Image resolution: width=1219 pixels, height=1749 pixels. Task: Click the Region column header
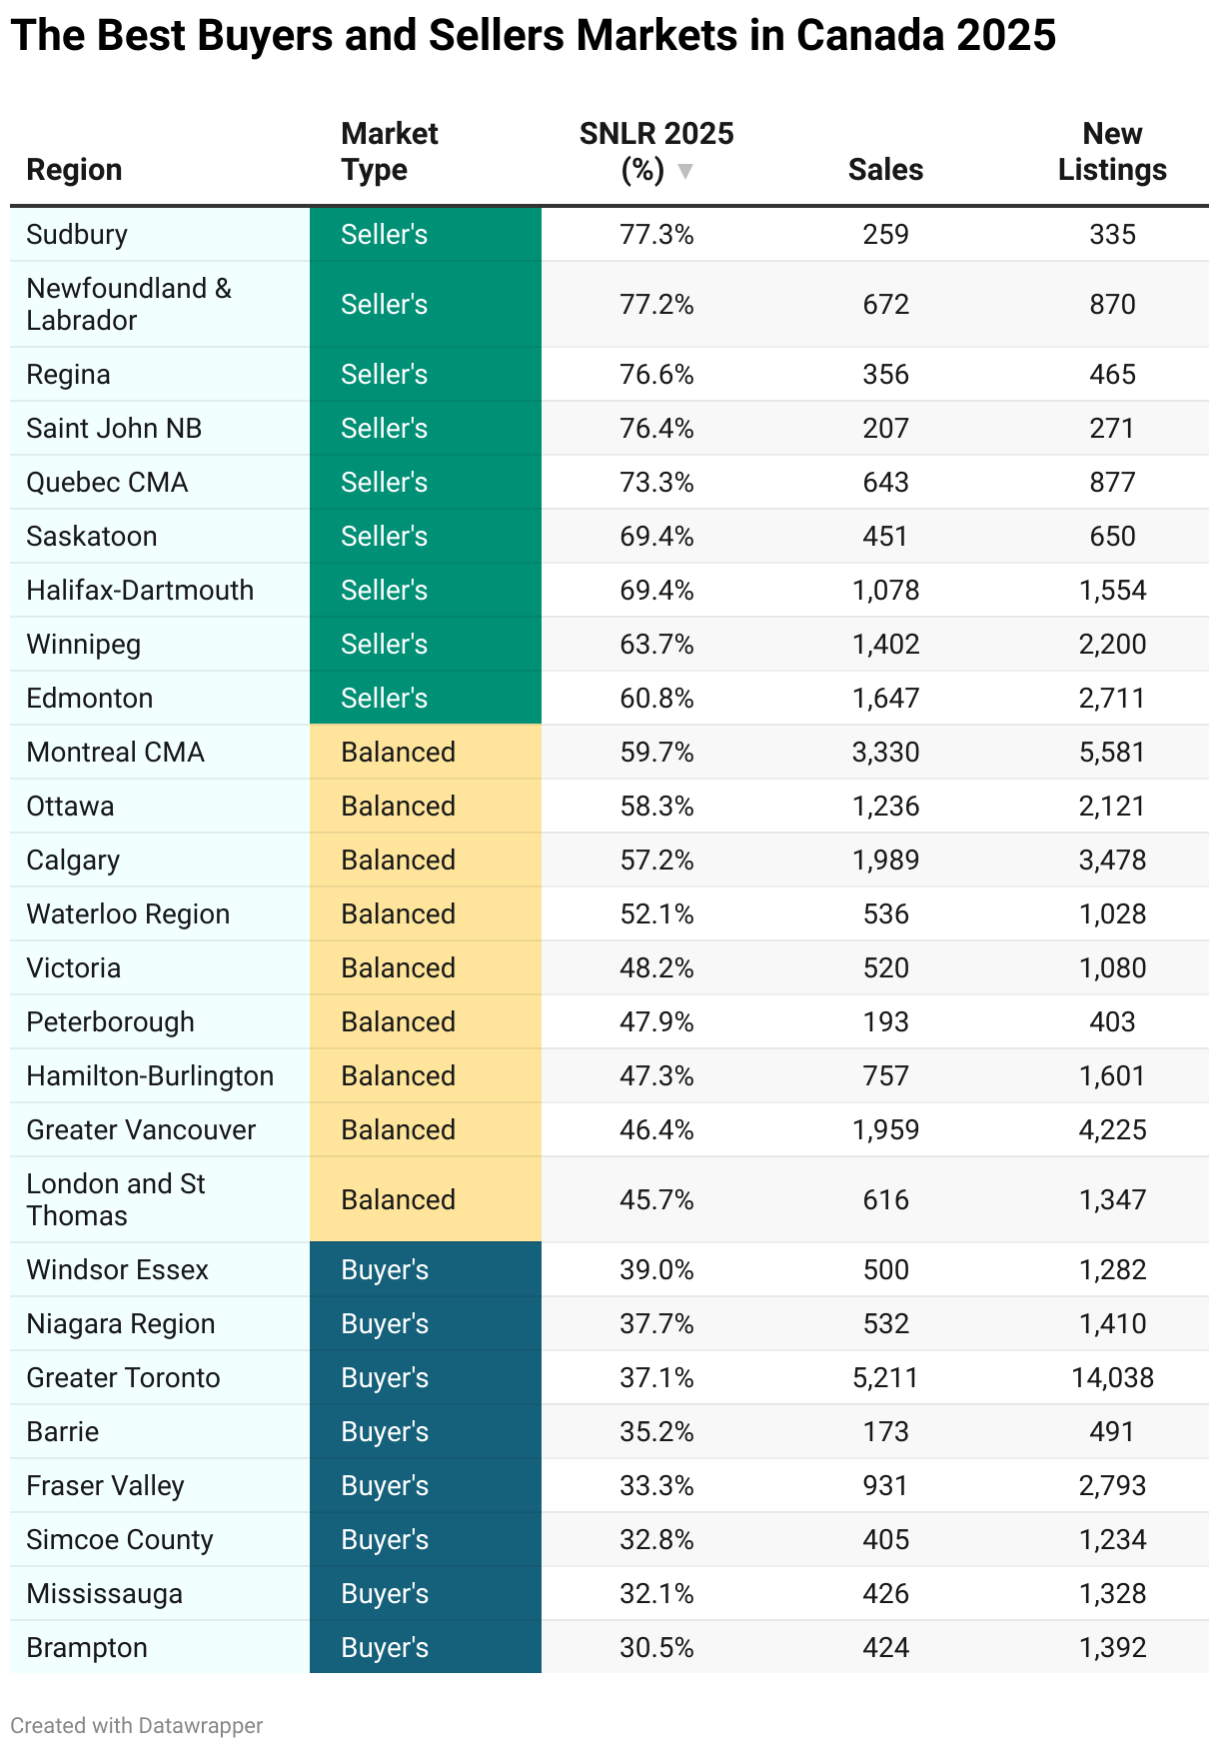pos(74,170)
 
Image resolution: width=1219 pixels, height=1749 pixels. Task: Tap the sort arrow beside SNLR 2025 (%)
pos(685,171)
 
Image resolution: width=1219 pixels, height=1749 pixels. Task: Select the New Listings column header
pos(1112,152)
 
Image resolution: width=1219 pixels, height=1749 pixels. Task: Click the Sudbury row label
pos(77,235)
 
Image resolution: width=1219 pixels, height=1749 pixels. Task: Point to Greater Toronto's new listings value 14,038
pos(1112,1378)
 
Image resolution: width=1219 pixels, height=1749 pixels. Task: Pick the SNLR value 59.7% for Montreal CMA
pos(656,753)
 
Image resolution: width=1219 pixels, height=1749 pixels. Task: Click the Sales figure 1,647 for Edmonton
pos(885,699)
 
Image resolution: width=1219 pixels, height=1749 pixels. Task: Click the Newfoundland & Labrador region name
pos(129,305)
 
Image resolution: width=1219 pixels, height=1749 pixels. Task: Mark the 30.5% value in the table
pos(656,1648)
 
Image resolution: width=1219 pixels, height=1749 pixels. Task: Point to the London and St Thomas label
pos(116,1200)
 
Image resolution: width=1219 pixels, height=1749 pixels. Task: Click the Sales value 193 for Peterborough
pos(885,1022)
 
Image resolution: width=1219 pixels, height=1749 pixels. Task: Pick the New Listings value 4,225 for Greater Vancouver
pos(1112,1130)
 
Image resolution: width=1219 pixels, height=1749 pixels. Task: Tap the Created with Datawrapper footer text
pos(137,1726)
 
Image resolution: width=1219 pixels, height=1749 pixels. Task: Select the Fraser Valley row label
pos(105,1486)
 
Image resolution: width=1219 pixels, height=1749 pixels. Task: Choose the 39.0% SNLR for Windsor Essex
pos(656,1270)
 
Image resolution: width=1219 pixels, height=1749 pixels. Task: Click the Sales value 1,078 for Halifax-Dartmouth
pos(885,591)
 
